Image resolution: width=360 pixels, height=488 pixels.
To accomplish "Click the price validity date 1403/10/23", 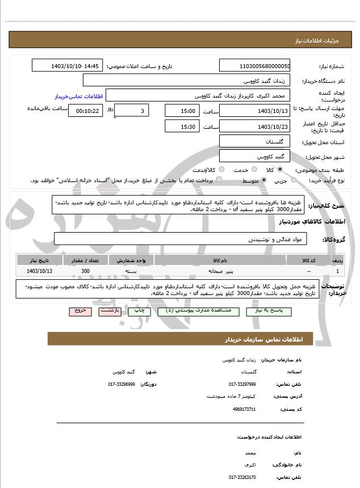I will (x=254, y=127).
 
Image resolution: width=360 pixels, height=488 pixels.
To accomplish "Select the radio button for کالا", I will (x=280, y=170).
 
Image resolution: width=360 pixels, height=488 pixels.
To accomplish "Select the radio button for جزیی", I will (x=294, y=180).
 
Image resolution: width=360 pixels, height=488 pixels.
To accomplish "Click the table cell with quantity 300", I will (x=85, y=272).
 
